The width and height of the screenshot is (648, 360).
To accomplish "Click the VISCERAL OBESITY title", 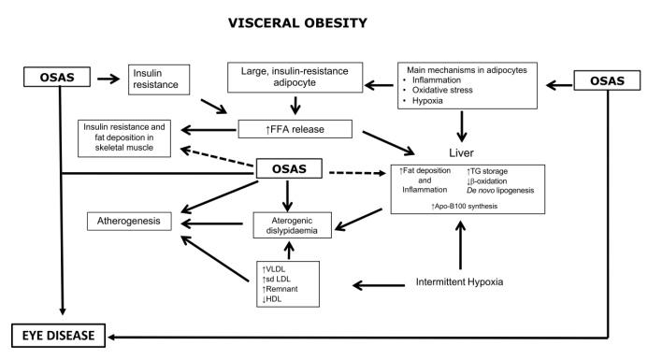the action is pos(297,22).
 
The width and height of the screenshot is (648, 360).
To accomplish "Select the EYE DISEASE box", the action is pos(58,335).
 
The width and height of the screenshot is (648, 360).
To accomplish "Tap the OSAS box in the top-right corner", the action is pos(607,80).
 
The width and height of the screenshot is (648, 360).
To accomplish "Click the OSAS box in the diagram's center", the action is pos(289,168).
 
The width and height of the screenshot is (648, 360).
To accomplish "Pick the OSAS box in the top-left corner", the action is pos(57,77).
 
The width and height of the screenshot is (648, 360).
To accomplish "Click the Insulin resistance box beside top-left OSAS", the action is pos(159,79).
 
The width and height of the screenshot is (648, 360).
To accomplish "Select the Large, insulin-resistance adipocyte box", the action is pos(295,78).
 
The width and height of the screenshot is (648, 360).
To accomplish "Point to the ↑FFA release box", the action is pos(295,129).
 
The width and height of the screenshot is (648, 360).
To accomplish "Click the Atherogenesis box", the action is pos(129,221).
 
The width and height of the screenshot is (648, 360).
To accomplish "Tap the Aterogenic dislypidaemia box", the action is pos(292,225).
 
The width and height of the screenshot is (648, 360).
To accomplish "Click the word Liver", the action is pos(461,153).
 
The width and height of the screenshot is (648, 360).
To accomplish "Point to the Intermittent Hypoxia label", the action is pos(459,281).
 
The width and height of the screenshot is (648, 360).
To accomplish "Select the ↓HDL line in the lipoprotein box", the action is pos(272,299).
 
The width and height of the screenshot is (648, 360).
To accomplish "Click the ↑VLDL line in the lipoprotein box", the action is pos(274,269).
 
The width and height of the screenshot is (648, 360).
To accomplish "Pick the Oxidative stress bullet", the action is pos(439,90).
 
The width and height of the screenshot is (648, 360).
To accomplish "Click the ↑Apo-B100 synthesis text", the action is pos(464,207).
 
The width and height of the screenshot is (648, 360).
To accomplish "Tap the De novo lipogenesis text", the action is pos(500,191).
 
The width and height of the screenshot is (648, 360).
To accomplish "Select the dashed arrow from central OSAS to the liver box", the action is pos(357,173).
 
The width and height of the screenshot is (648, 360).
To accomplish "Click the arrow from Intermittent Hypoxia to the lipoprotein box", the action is pos(379,285).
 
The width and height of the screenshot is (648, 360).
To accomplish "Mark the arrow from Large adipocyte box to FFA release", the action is pos(295,106).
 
